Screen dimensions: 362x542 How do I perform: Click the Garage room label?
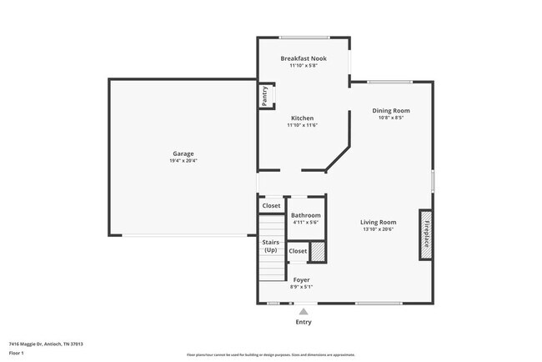click(x=183, y=153)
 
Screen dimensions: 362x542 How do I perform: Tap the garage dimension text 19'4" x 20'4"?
click(x=183, y=161)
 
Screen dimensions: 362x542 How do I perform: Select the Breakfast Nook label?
click(x=304, y=58)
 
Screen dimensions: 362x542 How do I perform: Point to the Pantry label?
click(x=264, y=96)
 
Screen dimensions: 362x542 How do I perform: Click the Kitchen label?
click(x=302, y=118)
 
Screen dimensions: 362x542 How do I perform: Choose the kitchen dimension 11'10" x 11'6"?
click(x=303, y=125)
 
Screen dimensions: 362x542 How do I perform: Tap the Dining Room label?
click(x=391, y=110)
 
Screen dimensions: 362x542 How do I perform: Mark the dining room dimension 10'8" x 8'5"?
click(x=391, y=118)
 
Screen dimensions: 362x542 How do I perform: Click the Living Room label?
click(x=378, y=222)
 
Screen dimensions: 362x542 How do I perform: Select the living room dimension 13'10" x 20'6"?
click(x=378, y=229)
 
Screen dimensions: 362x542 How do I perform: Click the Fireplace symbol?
click(x=424, y=234)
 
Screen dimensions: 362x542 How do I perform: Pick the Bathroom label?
click(x=306, y=215)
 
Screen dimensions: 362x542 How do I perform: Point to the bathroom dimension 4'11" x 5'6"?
click(x=306, y=223)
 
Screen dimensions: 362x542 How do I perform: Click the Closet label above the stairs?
click(x=271, y=205)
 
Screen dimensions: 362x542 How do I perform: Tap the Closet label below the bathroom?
click(x=298, y=250)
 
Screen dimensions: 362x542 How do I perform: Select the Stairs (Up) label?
click(x=271, y=246)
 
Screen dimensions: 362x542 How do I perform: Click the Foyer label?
click(x=301, y=279)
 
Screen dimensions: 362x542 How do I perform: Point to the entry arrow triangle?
click(x=303, y=311)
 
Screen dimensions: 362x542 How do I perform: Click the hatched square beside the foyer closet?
click(x=317, y=251)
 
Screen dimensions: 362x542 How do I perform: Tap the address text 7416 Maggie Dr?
click(x=45, y=344)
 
